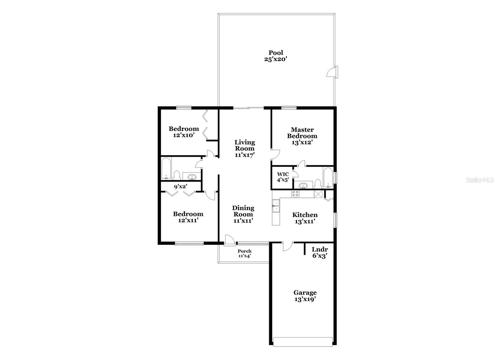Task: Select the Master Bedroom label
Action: pyautogui.click(x=302, y=136)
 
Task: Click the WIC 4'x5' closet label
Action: pyautogui.click(x=283, y=177)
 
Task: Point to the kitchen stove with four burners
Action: pyautogui.click(x=295, y=194)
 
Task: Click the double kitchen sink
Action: pyautogui.click(x=275, y=206)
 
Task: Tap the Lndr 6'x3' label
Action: pyautogui.click(x=320, y=253)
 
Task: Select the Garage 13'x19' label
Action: pyautogui.click(x=305, y=296)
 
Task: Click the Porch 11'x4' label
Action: pyautogui.click(x=244, y=253)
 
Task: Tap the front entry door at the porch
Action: pyautogui.click(x=229, y=241)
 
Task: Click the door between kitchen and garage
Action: pyautogui.click(x=287, y=246)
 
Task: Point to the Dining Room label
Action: pyautogui.click(x=243, y=214)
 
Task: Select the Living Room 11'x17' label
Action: pyautogui.click(x=244, y=149)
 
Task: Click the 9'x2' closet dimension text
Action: pyautogui.click(x=180, y=186)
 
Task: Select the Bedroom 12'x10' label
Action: pyautogui.click(x=183, y=132)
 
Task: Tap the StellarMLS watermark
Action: pyautogui.click(x=480, y=180)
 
